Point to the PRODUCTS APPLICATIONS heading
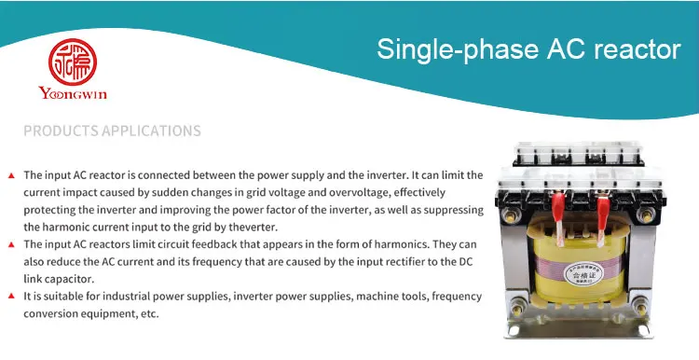pos(112,131)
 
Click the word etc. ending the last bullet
pos(149,313)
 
